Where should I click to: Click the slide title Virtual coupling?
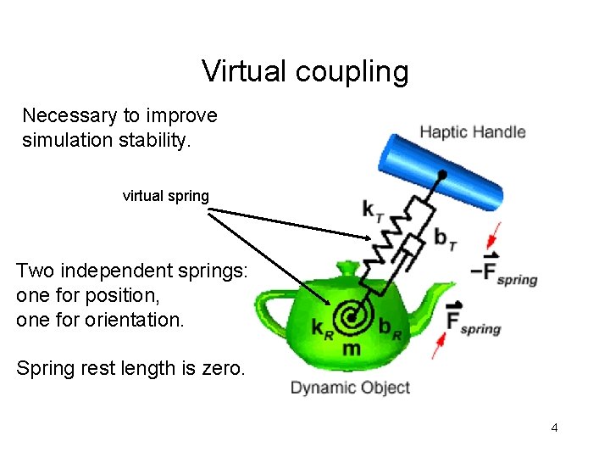(x=305, y=71)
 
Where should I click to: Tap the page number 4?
(x=554, y=427)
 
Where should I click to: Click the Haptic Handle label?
(x=473, y=132)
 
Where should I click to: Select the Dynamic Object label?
(x=350, y=388)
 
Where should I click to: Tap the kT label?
(x=371, y=209)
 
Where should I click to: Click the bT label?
(x=446, y=240)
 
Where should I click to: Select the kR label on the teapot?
(x=320, y=328)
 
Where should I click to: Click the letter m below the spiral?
(x=351, y=349)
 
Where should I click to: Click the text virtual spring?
(x=165, y=196)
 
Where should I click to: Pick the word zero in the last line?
(x=224, y=369)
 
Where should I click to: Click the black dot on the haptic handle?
(x=441, y=176)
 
